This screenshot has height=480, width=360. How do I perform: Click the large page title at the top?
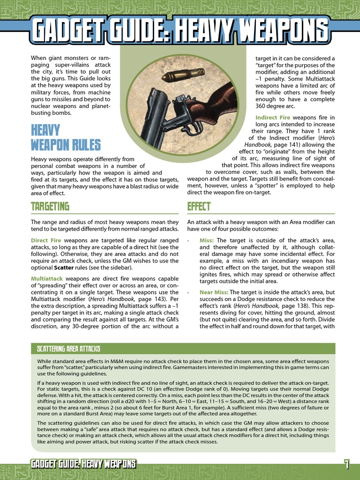180,31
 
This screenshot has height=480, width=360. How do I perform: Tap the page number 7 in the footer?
346,465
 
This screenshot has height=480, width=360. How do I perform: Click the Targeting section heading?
50,206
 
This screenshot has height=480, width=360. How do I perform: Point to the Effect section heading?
199,206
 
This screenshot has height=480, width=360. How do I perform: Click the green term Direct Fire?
46,240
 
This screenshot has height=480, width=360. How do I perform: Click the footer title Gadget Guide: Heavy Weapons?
83,465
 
